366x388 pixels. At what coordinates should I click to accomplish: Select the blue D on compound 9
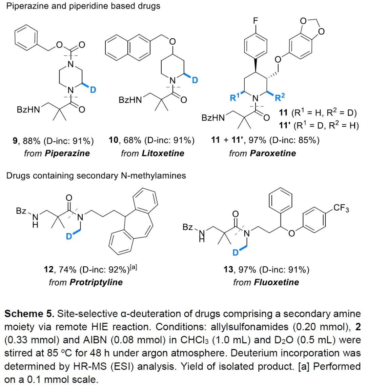pyautogui.click(x=93, y=89)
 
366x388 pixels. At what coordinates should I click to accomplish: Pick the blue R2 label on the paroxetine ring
pyautogui.click(x=280, y=98)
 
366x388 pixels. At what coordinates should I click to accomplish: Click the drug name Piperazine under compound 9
pyautogui.click(x=67, y=153)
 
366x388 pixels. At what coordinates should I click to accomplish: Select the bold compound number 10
pyautogui.click(x=113, y=140)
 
